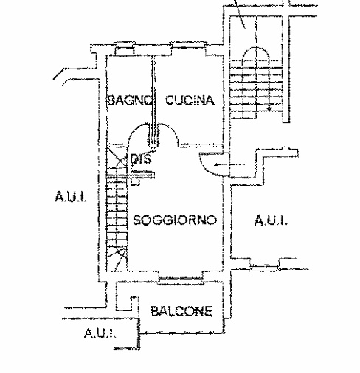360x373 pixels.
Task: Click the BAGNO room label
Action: coord(130,100)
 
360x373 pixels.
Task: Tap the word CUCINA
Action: coord(190,100)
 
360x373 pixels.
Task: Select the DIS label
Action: coord(141,159)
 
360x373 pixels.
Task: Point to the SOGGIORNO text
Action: coord(175,220)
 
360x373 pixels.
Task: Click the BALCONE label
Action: coord(181,311)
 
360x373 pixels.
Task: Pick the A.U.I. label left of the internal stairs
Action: coord(71,196)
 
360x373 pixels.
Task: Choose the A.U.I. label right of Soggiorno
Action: coord(271,220)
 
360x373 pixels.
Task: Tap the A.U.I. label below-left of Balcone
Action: coord(100,333)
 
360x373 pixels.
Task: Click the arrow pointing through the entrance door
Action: coord(229,164)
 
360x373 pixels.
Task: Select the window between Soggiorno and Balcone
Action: coord(181,279)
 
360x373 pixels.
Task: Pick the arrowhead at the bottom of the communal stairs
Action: coord(269,108)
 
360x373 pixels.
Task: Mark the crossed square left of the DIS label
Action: coord(117,161)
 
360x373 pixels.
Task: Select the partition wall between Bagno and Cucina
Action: coord(153,101)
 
